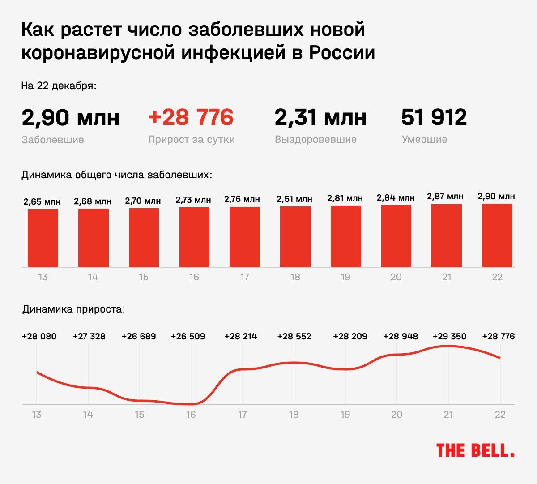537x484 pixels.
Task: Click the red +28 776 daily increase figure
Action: pyautogui.click(x=191, y=117)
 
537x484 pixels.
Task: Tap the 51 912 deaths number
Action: pyautogui.click(x=434, y=117)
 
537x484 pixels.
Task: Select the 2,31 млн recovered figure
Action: pyautogui.click(x=320, y=118)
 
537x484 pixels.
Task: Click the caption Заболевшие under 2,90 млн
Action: pyautogui.click(x=53, y=140)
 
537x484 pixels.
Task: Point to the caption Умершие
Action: pyautogui.click(x=424, y=140)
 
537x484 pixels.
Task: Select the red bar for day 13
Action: pyautogui.click(x=43, y=238)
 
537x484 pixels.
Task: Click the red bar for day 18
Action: pyautogui.click(x=295, y=237)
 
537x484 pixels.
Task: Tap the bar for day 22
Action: pyautogui.click(x=497, y=236)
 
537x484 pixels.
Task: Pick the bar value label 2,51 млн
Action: pyautogui.click(x=294, y=199)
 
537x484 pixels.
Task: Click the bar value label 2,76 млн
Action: pyautogui.click(x=242, y=199)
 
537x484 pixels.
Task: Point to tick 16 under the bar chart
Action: pyautogui.click(x=194, y=277)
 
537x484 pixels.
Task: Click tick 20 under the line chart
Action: pyautogui.click(x=397, y=415)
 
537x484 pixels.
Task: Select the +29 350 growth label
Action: pyautogui.click(x=449, y=336)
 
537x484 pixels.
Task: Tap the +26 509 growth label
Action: pyautogui.click(x=188, y=336)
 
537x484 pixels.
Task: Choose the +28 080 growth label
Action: pyautogui.click(x=39, y=336)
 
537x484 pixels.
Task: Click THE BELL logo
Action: pyautogui.click(x=475, y=450)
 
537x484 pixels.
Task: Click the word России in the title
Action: pyautogui.click(x=342, y=53)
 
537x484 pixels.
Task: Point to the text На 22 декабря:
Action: pyautogui.click(x=59, y=86)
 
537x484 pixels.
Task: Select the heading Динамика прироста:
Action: pyautogui.click(x=74, y=309)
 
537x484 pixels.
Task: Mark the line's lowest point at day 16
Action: pyautogui.click(x=191, y=404)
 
